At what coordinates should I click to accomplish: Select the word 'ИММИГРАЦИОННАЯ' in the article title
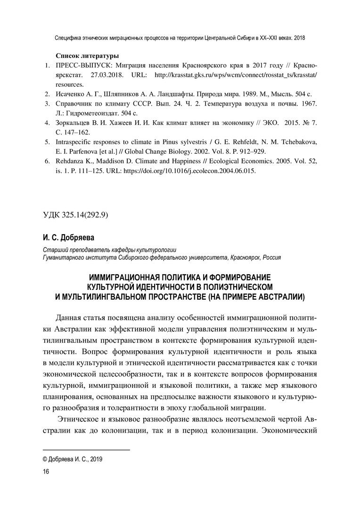pyautogui.click(x=123, y=278)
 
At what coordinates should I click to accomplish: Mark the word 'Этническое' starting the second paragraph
pyautogui.click(x=78, y=419)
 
